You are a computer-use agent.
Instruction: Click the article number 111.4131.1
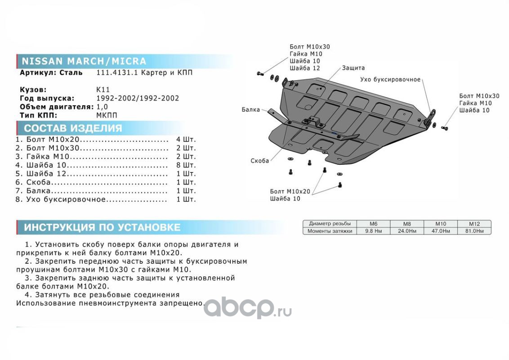click(x=114, y=72)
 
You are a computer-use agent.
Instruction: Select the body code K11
click(x=103, y=90)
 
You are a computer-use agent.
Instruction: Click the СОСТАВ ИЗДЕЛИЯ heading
click(x=73, y=128)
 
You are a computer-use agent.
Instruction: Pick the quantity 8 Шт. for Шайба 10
click(x=186, y=165)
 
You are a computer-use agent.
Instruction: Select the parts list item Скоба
click(x=39, y=182)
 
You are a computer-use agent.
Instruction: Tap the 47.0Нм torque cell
click(x=440, y=231)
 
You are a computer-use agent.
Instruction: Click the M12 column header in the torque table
click(x=474, y=224)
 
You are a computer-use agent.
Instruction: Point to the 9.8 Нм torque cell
click(x=373, y=231)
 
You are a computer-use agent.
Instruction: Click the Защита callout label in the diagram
click(x=353, y=68)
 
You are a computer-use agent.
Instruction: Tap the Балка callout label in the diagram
click(x=250, y=109)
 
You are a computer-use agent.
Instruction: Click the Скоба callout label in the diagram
click(x=260, y=161)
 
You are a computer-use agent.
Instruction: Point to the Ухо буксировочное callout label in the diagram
click(x=390, y=80)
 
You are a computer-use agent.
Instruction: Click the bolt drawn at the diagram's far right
click(x=446, y=128)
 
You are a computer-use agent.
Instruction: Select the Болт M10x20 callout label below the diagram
click(x=290, y=191)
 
